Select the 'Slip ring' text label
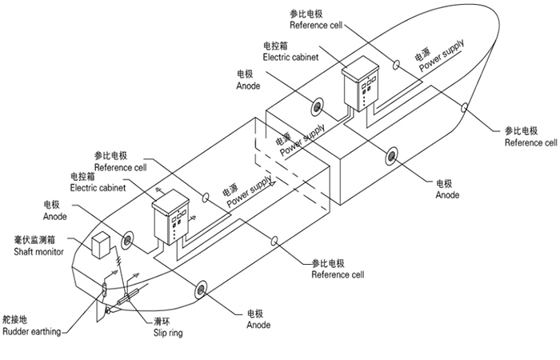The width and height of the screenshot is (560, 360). [168, 332]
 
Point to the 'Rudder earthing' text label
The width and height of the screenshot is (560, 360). [31, 332]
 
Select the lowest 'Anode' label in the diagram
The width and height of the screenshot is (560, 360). [258, 325]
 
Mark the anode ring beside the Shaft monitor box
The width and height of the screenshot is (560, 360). [128, 240]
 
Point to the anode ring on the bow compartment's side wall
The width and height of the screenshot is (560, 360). [392, 155]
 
